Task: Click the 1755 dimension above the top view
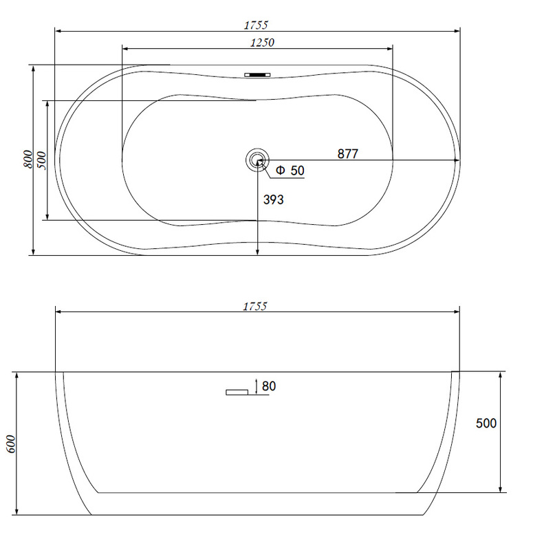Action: (256, 25)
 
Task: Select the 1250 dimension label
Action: (262, 43)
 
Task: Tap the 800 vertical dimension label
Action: (28, 159)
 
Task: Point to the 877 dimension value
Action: (348, 153)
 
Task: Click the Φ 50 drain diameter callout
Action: (290, 170)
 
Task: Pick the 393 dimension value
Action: (274, 199)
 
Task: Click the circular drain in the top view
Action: (257, 160)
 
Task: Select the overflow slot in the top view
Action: (257, 75)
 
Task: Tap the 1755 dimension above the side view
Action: (255, 306)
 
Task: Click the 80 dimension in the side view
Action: (269, 386)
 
